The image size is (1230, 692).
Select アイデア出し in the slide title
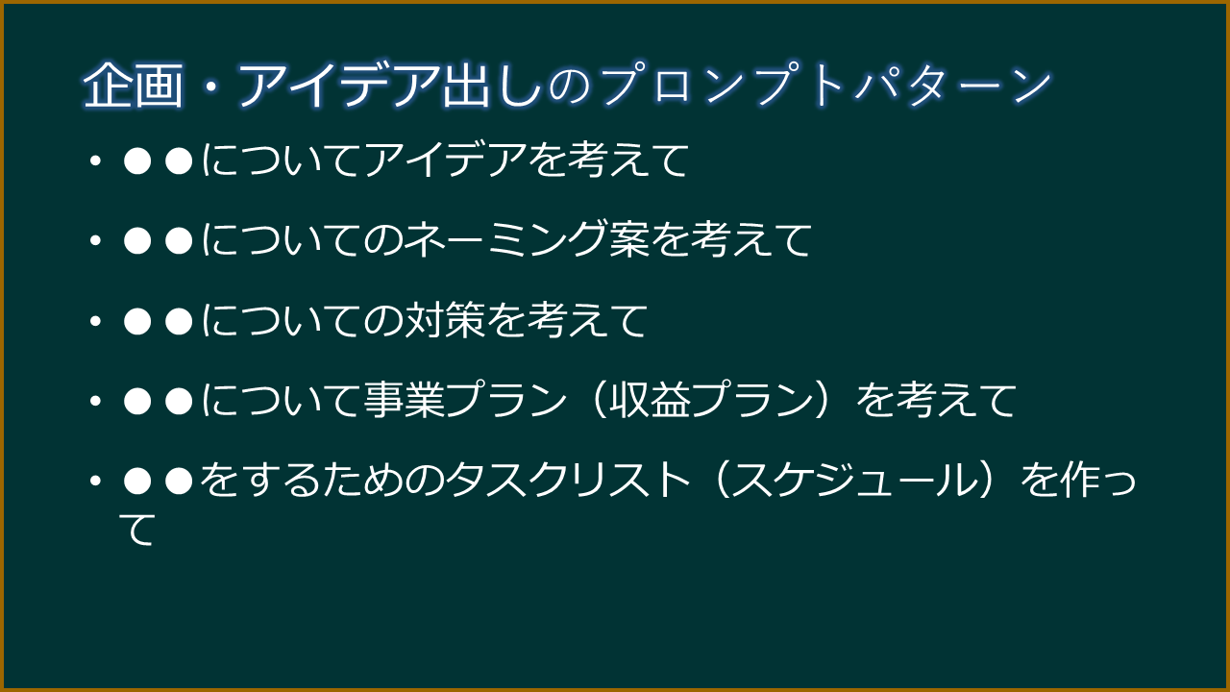point(388,86)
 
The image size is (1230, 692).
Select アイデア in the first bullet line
point(444,161)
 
